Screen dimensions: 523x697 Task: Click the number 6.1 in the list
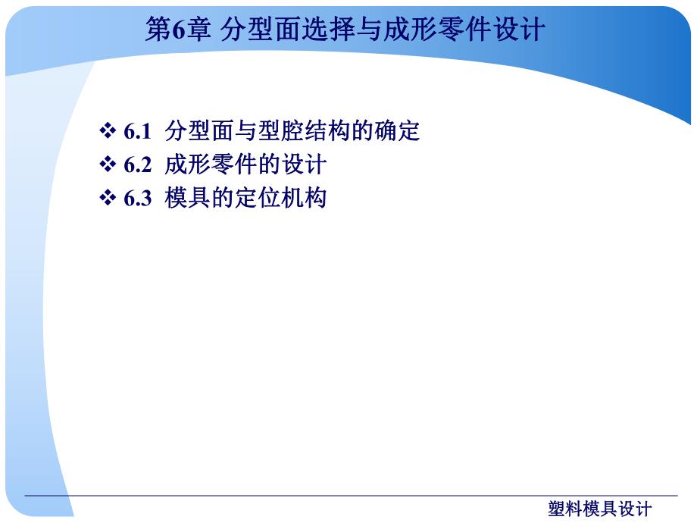pyautogui.click(x=137, y=132)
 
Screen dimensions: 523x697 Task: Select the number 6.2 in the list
pyautogui.click(x=137, y=165)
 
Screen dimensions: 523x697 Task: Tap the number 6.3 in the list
pyautogui.click(x=137, y=199)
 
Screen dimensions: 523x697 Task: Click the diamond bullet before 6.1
pyautogui.click(x=107, y=132)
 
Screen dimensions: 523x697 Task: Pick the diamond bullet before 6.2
pyautogui.click(x=107, y=165)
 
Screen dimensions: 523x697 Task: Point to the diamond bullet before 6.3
pyautogui.click(x=107, y=199)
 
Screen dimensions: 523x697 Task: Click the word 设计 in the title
pyautogui.click(x=517, y=30)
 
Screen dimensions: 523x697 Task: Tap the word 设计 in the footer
pyautogui.click(x=634, y=509)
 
